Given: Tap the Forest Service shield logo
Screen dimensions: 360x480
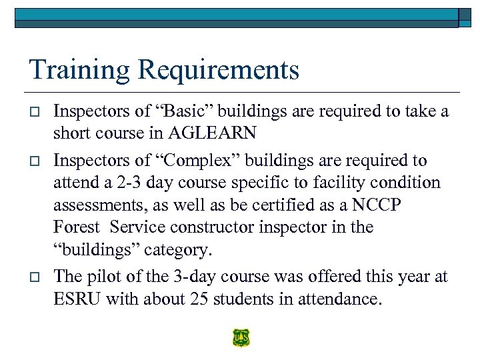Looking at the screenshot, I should (241, 339).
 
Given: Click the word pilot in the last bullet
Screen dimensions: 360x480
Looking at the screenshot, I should (104, 277).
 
